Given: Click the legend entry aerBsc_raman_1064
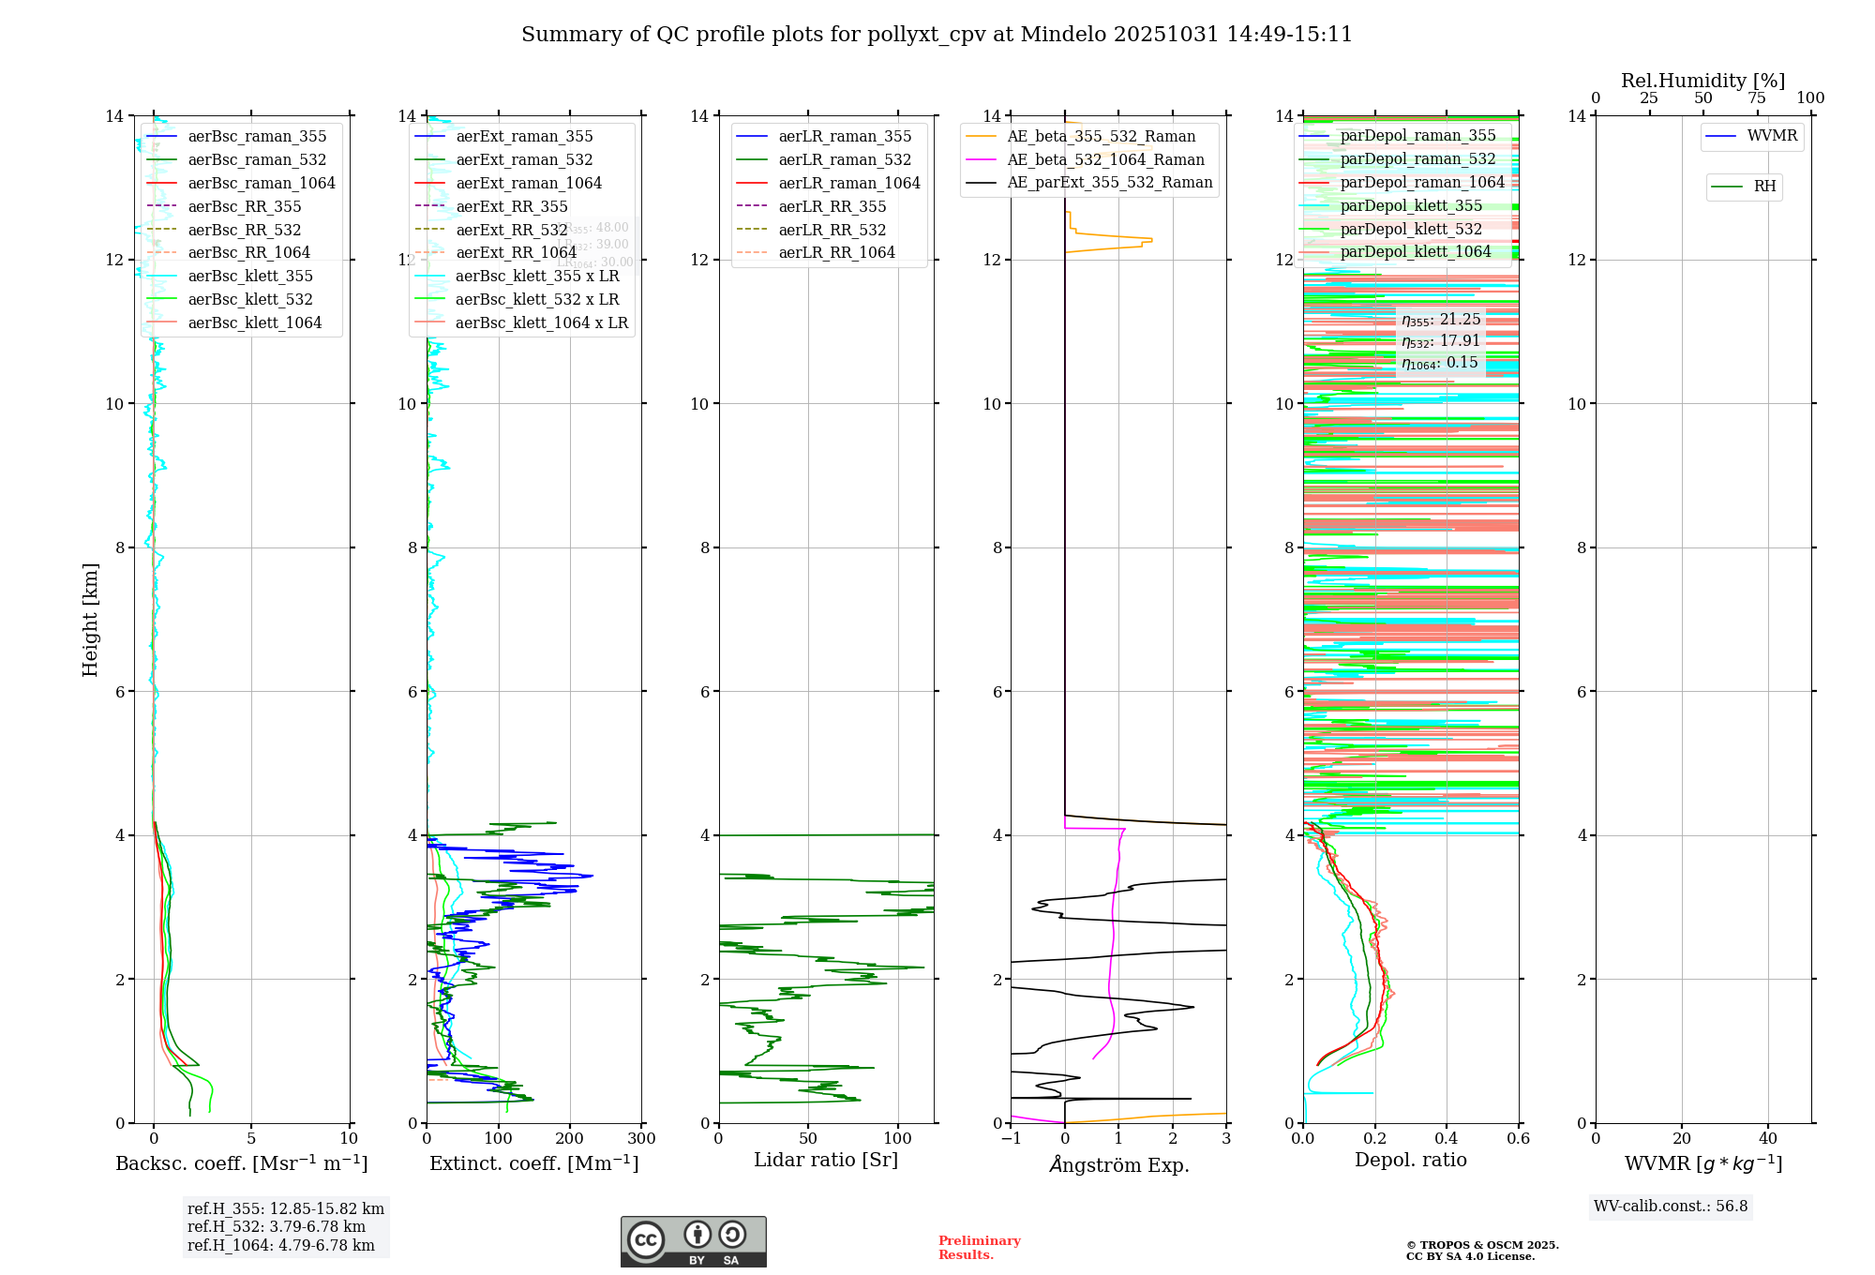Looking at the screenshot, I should [261, 183].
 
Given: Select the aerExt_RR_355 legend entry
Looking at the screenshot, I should [511, 206].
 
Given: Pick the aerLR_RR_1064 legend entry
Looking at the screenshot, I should [836, 252].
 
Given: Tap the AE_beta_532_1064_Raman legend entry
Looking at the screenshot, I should [1105, 159].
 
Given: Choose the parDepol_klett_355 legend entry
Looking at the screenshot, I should [1411, 205].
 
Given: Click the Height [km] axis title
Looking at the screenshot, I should [90, 620].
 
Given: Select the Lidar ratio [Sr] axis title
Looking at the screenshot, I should [826, 1160].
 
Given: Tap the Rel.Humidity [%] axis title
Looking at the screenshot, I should [1702, 81].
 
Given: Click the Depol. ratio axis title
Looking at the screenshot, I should [1410, 1160].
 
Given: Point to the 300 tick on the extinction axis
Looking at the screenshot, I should [641, 1138].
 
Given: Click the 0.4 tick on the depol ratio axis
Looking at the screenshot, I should [1447, 1138].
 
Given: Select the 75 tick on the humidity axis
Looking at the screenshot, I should [1757, 97].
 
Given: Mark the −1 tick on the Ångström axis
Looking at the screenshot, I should [1011, 1138].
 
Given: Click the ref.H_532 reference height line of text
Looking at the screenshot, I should [277, 1226].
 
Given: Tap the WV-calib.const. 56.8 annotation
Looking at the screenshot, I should [1671, 1206].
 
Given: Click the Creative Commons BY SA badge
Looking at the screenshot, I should [693, 1242].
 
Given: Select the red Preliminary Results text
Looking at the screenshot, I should [979, 1248].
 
